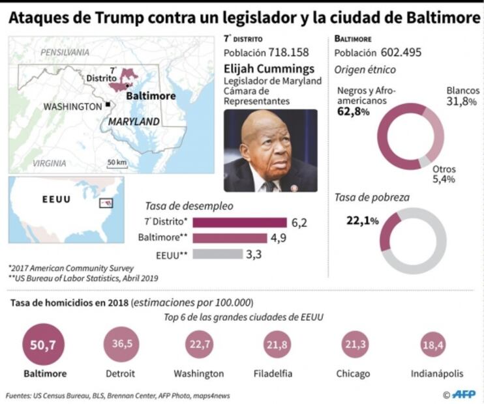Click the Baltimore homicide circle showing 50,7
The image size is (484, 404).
tap(44, 343)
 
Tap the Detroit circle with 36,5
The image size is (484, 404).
tap(120, 344)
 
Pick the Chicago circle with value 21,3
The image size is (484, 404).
tap(352, 344)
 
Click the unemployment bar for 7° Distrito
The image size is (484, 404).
tap(239, 222)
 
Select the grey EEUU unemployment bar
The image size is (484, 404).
tap(218, 254)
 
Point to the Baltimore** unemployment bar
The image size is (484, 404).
tap(230, 238)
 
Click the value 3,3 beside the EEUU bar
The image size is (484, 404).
tap(254, 254)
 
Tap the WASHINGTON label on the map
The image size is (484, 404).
tap(73, 106)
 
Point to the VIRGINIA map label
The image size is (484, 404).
tap(49, 163)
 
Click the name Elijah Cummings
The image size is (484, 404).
tap(268, 68)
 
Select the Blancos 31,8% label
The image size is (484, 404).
tap(461, 96)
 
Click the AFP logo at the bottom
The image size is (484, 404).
tap(462, 394)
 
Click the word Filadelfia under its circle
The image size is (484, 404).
tap(273, 373)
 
